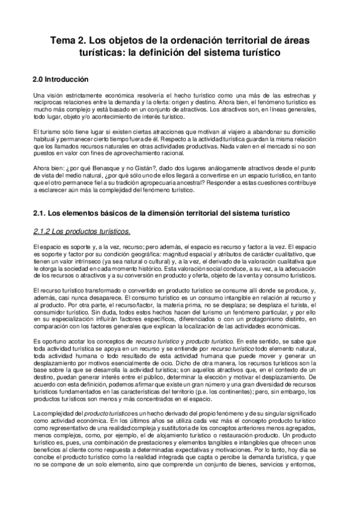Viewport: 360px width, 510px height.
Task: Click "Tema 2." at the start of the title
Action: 68,40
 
